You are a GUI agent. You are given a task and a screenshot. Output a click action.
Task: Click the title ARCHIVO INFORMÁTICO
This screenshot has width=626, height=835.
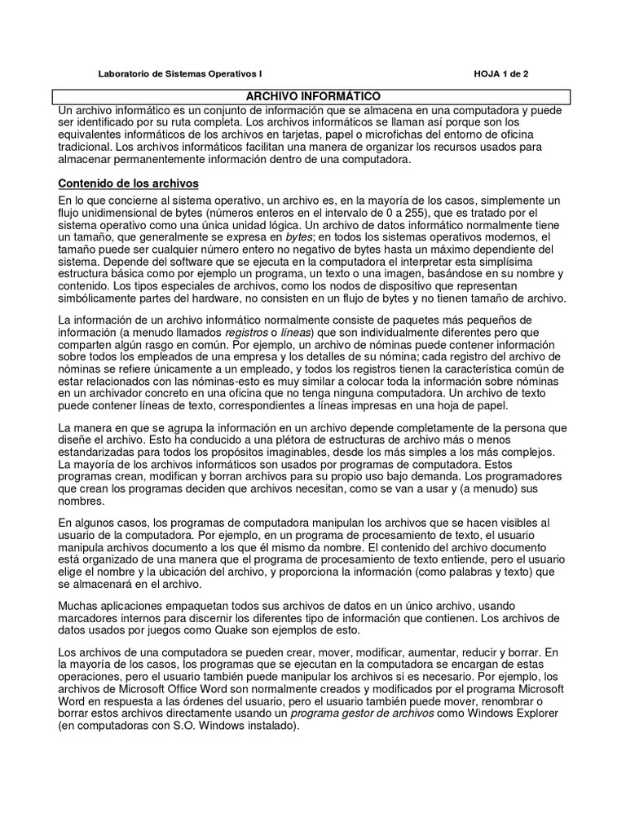[x=313, y=96]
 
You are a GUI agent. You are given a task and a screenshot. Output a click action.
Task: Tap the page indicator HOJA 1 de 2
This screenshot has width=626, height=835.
[x=501, y=73]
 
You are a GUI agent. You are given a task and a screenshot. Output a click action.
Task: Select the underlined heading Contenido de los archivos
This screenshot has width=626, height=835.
[x=129, y=183]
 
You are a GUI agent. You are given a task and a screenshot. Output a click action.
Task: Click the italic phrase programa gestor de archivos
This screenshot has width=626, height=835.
[x=363, y=714]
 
